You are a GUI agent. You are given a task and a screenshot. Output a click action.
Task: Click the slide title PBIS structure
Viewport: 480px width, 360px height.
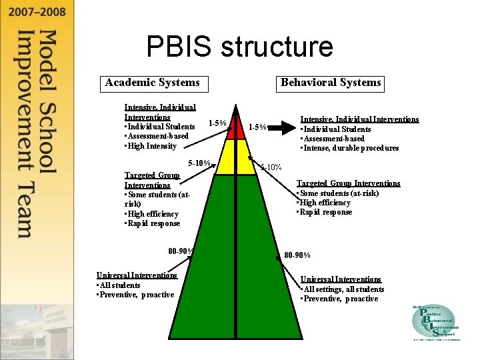(239, 47)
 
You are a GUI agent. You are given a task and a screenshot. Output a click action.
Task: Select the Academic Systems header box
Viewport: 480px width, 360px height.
(152, 83)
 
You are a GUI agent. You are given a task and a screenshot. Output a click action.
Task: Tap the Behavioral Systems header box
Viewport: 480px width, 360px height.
(331, 83)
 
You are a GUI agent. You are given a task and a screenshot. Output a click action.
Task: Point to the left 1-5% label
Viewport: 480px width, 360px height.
(217, 123)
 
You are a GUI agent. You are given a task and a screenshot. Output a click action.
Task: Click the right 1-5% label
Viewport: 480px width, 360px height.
(257, 128)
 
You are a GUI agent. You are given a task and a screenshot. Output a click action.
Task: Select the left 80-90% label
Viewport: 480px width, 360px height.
(181, 251)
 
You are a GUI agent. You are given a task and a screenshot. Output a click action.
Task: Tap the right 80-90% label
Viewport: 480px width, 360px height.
(297, 255)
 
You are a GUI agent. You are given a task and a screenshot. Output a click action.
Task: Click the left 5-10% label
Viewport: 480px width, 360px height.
(199, 163)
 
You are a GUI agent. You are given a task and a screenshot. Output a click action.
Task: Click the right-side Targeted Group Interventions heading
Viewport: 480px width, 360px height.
(348, 183)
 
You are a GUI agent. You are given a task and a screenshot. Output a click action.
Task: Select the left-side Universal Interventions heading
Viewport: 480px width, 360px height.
(137, 275)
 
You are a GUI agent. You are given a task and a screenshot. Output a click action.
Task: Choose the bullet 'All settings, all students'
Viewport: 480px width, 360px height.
(343, 289)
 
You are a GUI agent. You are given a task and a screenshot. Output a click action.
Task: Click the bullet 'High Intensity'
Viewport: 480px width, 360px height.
(151, 146)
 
